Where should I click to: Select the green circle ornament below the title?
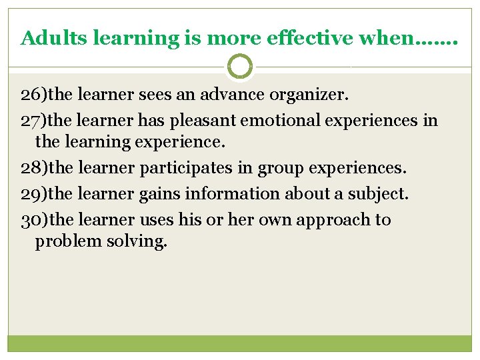click(x=240, y=67)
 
